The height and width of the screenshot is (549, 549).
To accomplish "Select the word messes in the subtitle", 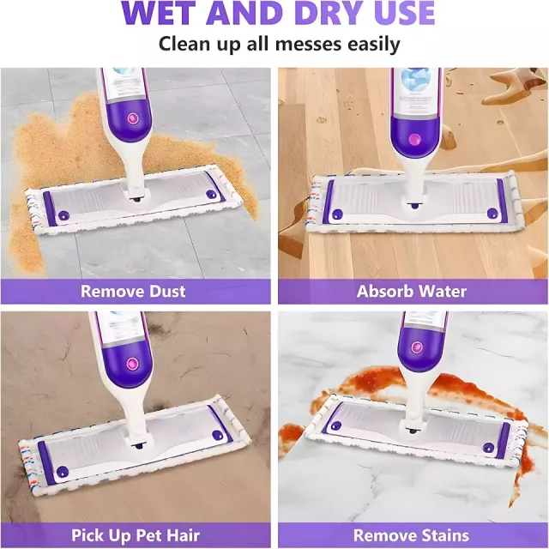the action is coord(308,45).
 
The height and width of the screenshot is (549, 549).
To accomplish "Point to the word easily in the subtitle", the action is coord(374,45).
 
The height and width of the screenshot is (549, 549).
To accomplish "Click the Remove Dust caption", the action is coord(133,292).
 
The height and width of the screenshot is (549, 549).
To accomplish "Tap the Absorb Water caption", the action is coord(412,292).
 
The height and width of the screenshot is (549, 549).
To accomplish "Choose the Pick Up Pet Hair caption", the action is coord(136,535).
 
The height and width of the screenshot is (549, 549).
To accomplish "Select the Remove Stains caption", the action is coord(411,535).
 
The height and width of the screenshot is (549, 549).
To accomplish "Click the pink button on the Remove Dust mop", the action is coord(133,118).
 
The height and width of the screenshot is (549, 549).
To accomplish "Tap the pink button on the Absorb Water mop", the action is coord(415,139).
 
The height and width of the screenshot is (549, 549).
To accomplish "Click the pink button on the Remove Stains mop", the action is coord(417,347).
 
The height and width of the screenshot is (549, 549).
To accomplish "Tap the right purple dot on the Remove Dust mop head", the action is coord(210,194).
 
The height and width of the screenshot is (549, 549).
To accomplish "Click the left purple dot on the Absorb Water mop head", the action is coord(337,214).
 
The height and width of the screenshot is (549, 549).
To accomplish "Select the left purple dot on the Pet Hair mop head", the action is coord(62,472).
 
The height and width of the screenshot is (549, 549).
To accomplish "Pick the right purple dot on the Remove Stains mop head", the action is coord(488,448).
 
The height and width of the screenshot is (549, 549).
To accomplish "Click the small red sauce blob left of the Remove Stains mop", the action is coord(291,432).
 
